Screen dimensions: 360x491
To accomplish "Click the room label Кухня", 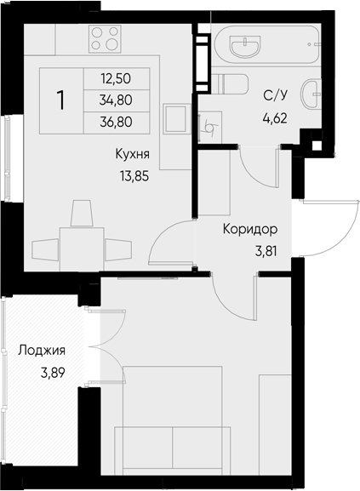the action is (133, 154).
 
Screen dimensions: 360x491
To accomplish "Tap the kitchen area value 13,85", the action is (134, 177).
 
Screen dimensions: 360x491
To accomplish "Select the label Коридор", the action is (250, 230).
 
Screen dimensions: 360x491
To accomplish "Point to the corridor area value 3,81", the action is (266, 251).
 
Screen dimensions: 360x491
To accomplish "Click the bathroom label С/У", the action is (276, 95).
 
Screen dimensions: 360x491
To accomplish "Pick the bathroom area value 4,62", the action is (275, 118).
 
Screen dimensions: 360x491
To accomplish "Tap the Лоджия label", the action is (42, 351).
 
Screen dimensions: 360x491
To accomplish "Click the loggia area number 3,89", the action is (53, 373).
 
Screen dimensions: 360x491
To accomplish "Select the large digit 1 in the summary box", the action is (60, 100).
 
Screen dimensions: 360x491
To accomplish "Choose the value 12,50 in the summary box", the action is (116, 78).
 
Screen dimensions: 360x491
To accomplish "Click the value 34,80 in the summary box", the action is (116, 100).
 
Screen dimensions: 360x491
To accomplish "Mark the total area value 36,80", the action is (116, 122).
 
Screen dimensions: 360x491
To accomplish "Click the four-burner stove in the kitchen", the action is (105, 39).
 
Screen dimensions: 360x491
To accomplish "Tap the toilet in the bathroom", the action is (230, 84).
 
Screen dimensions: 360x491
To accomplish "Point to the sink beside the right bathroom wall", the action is (311, 94).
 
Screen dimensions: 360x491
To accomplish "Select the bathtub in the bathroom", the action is (267, 45).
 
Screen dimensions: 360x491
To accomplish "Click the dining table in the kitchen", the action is (82, 249).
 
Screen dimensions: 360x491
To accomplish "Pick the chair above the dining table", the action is (82, 214).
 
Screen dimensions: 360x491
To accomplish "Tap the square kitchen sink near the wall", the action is (177, 119).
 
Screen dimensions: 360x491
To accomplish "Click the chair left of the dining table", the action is (45, 249).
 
